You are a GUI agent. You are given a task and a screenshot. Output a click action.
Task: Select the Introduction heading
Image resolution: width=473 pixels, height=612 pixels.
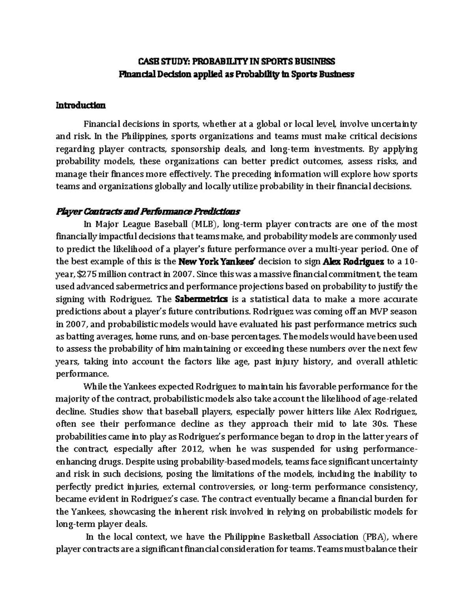pyautogui.click(x=80, y=106)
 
